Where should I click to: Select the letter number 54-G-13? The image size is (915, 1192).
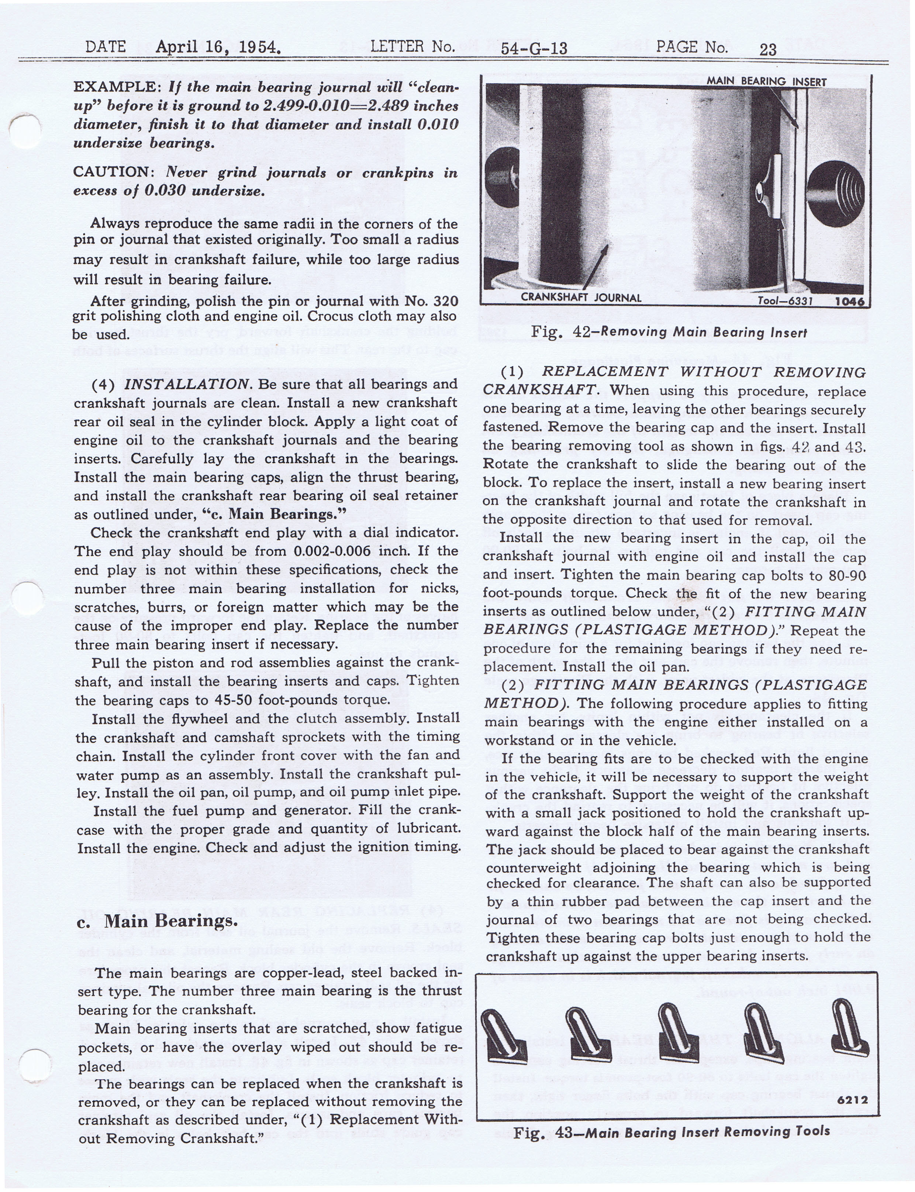(x=534, y=48)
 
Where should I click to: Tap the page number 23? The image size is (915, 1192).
(x=768, y=49)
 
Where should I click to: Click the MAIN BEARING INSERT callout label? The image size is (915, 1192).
(x=766, y=82)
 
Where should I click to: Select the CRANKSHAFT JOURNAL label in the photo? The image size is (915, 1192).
(x=581, y=298)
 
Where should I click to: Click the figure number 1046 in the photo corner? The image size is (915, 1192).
(x=849, y=301)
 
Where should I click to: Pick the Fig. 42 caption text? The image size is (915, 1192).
(x=669, y=332)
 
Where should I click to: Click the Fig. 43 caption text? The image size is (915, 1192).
(x=671, y=1132)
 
